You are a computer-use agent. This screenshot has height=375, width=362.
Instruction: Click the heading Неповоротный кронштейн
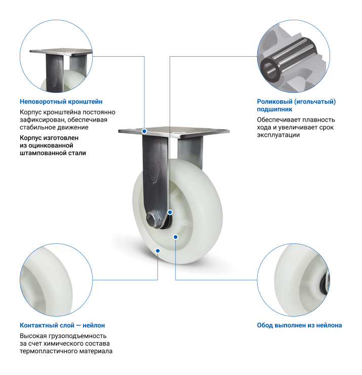(61, 102)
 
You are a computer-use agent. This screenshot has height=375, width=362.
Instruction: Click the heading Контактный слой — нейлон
(62, 325)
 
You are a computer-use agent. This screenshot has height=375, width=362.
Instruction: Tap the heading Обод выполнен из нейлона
(299, 325)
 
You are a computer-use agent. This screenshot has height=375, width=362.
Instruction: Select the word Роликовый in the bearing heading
(274, 102)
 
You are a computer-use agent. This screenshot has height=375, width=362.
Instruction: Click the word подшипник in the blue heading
(274, 109)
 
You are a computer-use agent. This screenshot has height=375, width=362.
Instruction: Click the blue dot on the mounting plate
(144, 131)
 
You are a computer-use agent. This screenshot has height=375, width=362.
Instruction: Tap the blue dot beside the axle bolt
(170, 212)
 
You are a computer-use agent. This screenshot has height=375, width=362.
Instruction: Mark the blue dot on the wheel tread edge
(157, 251)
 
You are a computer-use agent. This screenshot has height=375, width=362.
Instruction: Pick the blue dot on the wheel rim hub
(176, 237)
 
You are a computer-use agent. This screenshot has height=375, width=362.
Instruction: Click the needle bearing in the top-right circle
(288, 59)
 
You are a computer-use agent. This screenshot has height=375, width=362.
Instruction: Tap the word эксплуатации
(278, 135)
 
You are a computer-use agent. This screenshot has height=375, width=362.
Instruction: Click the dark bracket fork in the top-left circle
(55, 72)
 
